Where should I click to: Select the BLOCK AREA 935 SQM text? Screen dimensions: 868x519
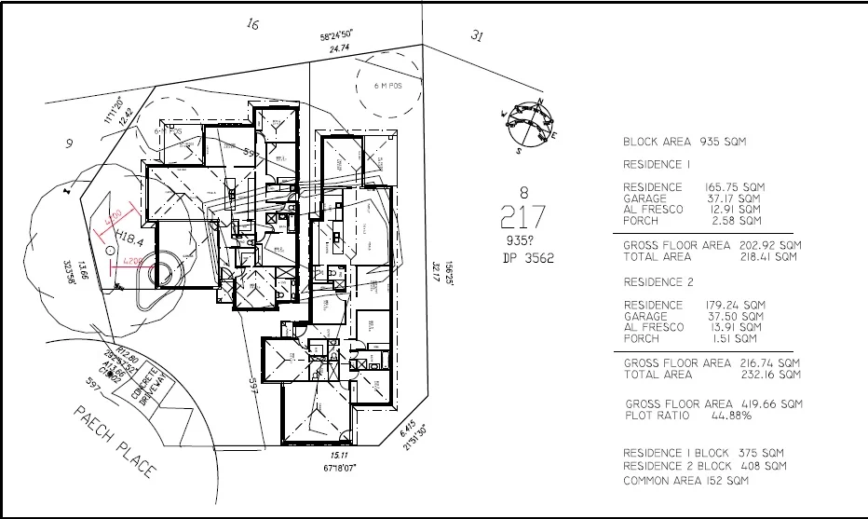coord(685,143)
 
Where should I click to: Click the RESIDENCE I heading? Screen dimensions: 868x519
coord(658,164)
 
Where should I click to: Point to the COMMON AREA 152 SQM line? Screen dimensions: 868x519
coord(685,481)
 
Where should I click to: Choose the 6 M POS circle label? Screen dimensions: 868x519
coord(387,86)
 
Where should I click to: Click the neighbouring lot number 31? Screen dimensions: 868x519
coord(477,36)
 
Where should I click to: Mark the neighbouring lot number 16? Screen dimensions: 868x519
coord(251,24)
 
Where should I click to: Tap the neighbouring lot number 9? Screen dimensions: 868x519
coord(68,143)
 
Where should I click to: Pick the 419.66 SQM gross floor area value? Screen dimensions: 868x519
coord(771,404)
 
